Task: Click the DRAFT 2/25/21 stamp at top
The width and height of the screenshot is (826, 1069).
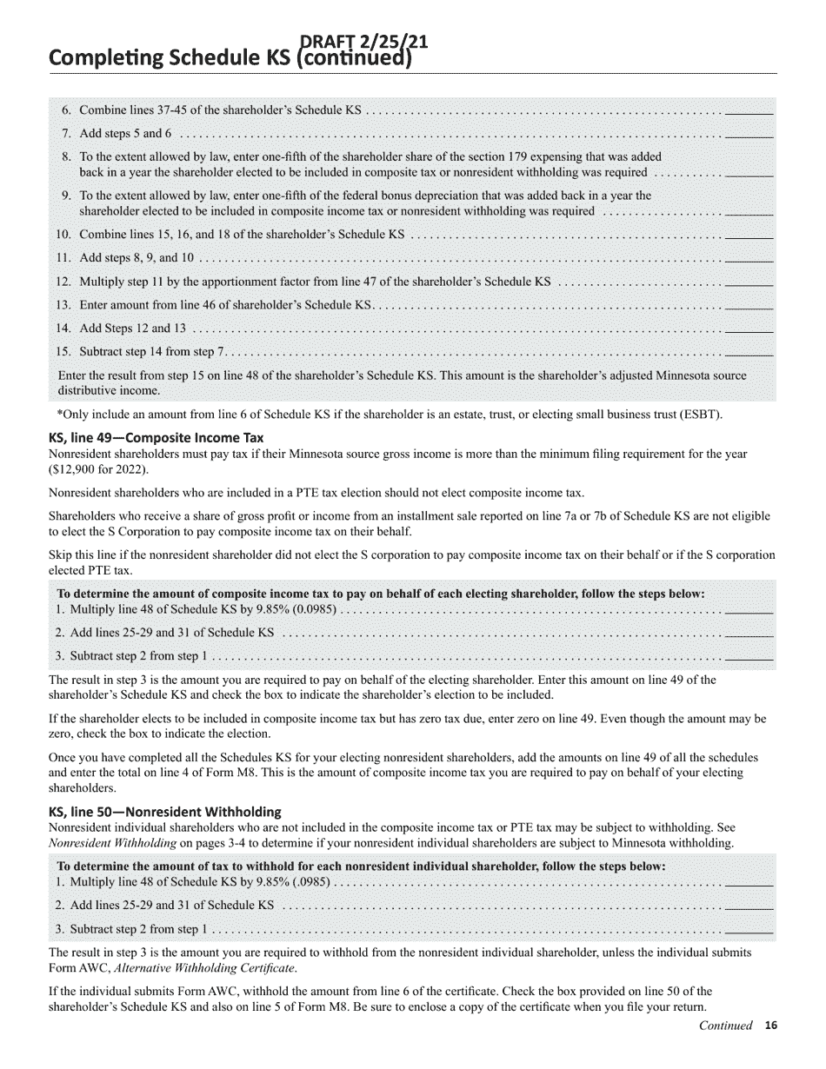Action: click(x=363, y=42)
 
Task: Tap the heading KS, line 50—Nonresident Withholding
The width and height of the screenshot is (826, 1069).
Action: click(x=164, y=812)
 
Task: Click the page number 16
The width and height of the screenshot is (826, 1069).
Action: click(x=770, y=1026)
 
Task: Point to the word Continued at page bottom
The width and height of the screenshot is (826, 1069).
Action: click(x=725, y=1026)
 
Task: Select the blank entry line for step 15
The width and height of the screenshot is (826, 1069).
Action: click(x=749, y=352)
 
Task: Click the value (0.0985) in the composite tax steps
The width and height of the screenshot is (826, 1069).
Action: click(x=306, y=609)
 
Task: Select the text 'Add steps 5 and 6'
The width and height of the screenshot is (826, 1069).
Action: click(x=125, y=134)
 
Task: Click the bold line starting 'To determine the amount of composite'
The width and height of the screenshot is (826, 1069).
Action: click(x=380, y=594)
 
